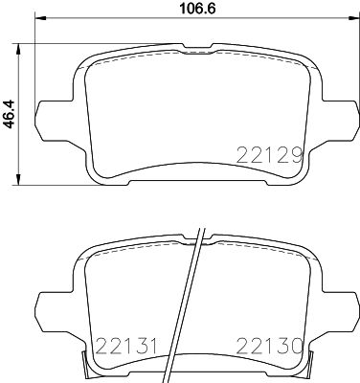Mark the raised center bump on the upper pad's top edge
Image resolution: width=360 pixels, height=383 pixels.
195,45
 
